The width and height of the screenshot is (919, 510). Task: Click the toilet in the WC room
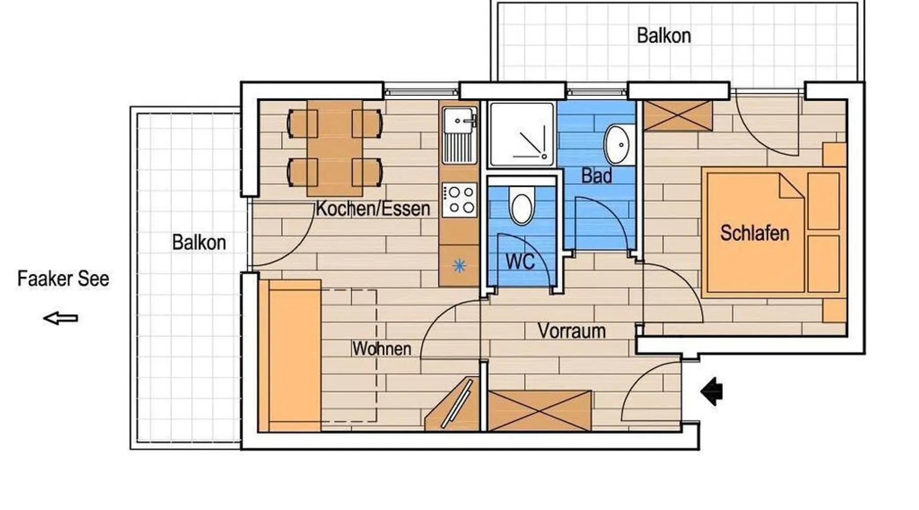tap(521, 205)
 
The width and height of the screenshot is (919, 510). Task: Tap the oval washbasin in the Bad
tap(618, 145)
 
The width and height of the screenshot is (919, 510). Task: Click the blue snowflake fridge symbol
tap(459, 266)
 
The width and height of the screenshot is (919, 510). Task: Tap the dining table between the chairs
tap(335, 148)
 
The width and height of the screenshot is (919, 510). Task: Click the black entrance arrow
tap(712, 391)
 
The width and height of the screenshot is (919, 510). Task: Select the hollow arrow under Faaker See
tap(60, 319)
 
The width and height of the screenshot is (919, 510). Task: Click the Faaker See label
tap(63, 279)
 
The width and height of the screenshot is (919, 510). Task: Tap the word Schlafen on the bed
tap(755, 233)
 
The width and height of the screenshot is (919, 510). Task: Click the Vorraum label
tap(572, 331)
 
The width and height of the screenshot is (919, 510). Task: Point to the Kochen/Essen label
tap(373, 209)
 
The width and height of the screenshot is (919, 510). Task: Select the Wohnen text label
tap(382, 349)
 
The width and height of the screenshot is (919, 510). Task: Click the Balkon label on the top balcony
tap(664, 36)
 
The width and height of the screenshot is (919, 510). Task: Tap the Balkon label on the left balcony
tap(199, 242)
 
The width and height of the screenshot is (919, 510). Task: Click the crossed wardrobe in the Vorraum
tap(540, 411)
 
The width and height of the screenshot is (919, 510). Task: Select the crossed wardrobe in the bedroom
tap(678, 115)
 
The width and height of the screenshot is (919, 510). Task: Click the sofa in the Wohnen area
tap(289, 355)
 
